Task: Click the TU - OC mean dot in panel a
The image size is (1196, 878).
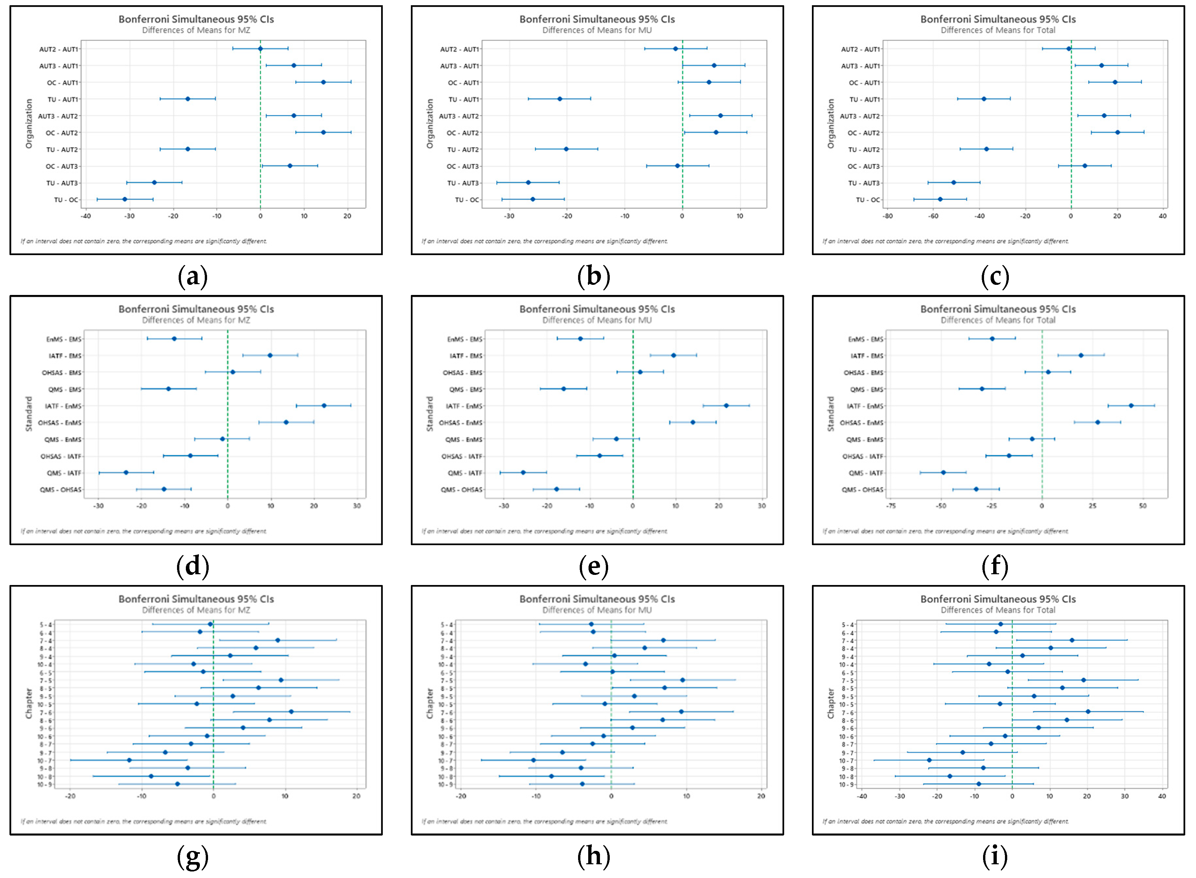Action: [125, 199]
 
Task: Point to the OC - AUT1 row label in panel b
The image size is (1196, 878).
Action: [463, 83]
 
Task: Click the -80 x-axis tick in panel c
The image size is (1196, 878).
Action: [887, 216]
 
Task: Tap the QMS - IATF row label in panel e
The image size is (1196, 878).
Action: [465, 473]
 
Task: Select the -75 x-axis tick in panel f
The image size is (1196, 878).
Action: [891, 506]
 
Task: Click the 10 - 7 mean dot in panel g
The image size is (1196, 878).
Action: [129, 760]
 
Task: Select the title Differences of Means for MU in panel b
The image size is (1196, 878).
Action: [597, 30]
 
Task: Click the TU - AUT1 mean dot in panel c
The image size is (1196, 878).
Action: [983, 99]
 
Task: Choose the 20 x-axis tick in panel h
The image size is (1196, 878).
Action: [761, 796]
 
